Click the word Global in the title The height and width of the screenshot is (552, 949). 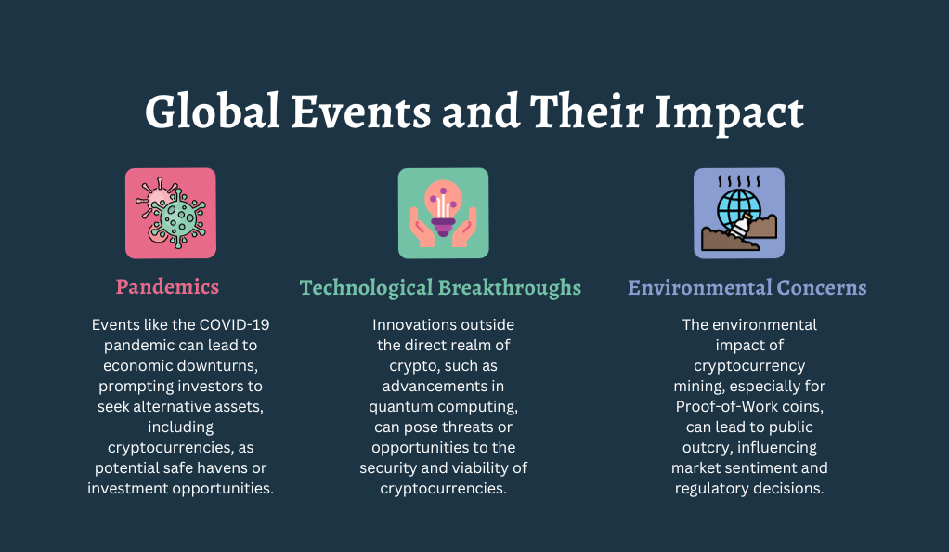(213, 111)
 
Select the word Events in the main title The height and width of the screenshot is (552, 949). (361, 111)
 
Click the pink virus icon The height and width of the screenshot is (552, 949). (171, 214)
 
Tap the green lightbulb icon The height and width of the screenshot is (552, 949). (444, 214)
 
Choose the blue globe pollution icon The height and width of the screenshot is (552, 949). (739, 214)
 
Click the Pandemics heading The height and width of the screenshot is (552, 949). (168, 286)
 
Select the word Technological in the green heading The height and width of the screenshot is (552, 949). (366, 287)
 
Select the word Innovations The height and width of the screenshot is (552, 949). (413, 324)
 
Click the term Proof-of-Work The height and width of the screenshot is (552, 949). (715, 407)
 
